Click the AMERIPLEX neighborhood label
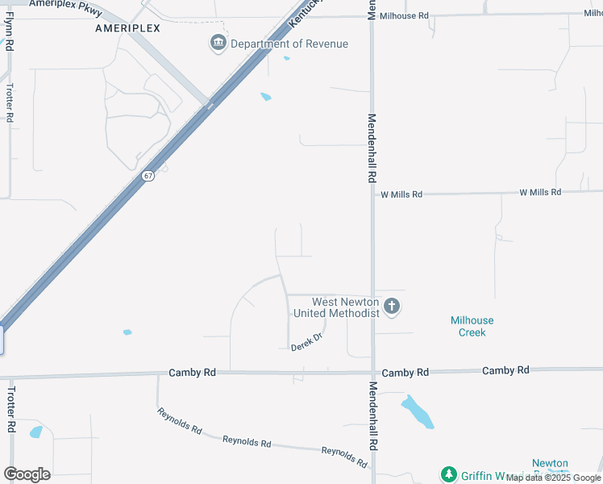[x=127, y=27]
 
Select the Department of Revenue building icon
[x=218, y=44]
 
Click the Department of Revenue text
[x=289, y=44]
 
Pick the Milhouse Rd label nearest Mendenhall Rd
[x=405, y=15]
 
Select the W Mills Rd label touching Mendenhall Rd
[x=401, y=194]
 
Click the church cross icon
[x=392, y=306]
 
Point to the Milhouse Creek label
[x=472, y=326]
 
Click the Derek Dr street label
[x=306, y=342]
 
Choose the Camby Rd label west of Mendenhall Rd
[x=193, y=373]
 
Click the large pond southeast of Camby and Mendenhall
[x=418, y=411]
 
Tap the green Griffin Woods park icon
[x=449, y=474]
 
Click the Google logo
[x=27, y=474]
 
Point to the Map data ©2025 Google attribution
[x=553, y=478]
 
